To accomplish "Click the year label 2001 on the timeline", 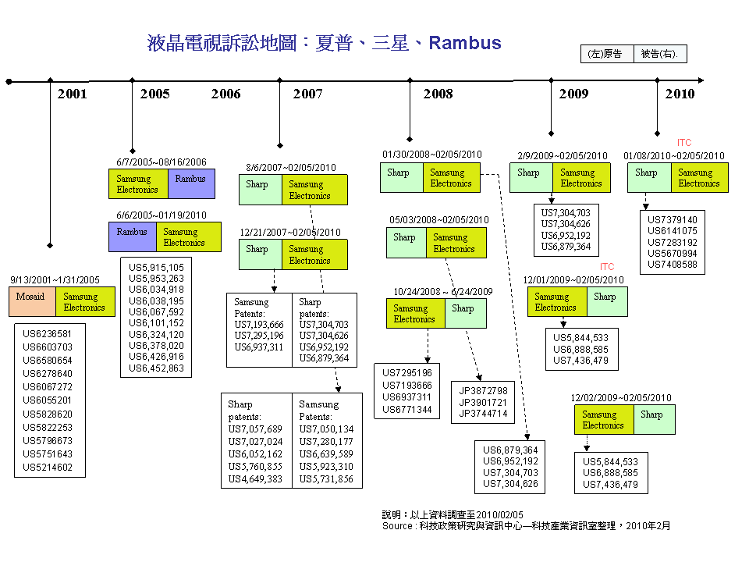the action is (72, 94).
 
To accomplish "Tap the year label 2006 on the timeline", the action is (226, 94).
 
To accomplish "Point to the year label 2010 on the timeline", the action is (680, 94).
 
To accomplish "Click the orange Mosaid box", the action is (32, 301).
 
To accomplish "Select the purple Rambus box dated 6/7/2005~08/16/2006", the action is (191, 183).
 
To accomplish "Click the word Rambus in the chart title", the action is (465, 43).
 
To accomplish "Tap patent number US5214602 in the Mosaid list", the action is (48, 467).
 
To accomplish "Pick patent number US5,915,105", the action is (156, 268).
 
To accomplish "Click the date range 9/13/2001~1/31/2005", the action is (55, 280).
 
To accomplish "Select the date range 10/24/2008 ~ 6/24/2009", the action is (443, 291).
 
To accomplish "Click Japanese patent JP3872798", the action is (483, 390).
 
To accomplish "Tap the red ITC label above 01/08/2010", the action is (684, 142).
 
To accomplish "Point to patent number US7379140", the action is (672, 220).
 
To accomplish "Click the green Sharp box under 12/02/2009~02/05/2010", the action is (655, 420).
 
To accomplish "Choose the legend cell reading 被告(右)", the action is (660, 54).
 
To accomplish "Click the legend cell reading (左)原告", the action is (607, 54).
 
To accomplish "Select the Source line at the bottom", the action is (526, 525).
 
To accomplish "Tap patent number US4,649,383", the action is (255, 478).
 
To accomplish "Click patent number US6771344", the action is (407, 410).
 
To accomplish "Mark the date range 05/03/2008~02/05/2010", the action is (439, 220).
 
